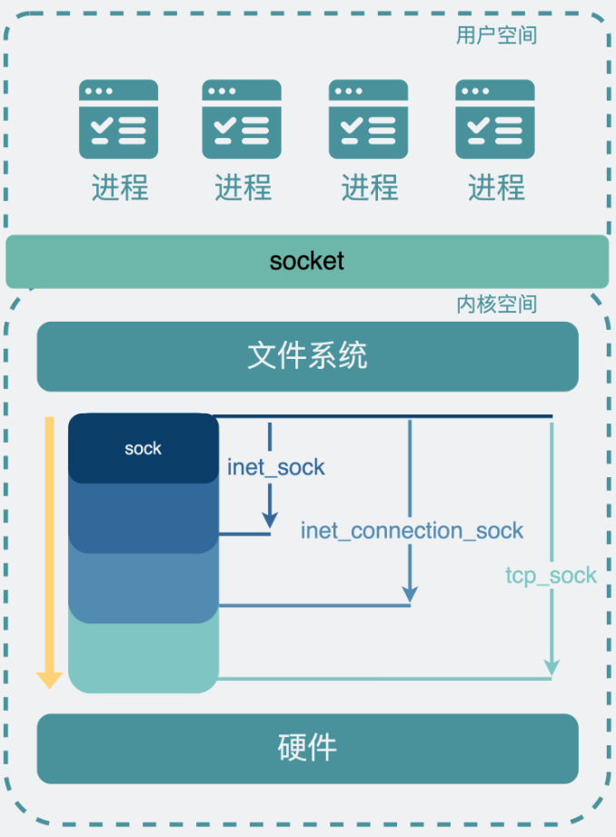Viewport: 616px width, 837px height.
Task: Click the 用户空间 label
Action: pos(496,35)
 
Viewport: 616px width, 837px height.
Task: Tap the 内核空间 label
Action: pos(496,304)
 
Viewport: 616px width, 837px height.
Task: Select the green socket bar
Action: pos(307,262)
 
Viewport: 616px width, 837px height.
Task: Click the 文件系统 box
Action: pos(307,356)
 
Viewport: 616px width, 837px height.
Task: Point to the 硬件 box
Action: pos(307,748)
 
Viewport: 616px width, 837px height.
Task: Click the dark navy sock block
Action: pos(144,448)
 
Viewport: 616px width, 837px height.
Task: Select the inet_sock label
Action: pos(276,468)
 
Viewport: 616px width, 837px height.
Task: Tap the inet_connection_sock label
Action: pos(412,531)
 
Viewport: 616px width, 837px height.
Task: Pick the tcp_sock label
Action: pos(551,575)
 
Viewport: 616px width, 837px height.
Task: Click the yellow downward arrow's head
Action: pos(49,679)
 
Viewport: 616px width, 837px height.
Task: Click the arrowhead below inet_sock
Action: pos(270,519)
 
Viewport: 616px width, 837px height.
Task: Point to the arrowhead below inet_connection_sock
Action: pos(410,593)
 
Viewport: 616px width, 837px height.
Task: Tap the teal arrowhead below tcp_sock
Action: pos(551,669)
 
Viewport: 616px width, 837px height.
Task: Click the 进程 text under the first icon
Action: pos(119,188)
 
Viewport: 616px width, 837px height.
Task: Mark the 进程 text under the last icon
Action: pos(496,188)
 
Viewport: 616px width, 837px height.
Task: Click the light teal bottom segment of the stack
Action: pos(144,659)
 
